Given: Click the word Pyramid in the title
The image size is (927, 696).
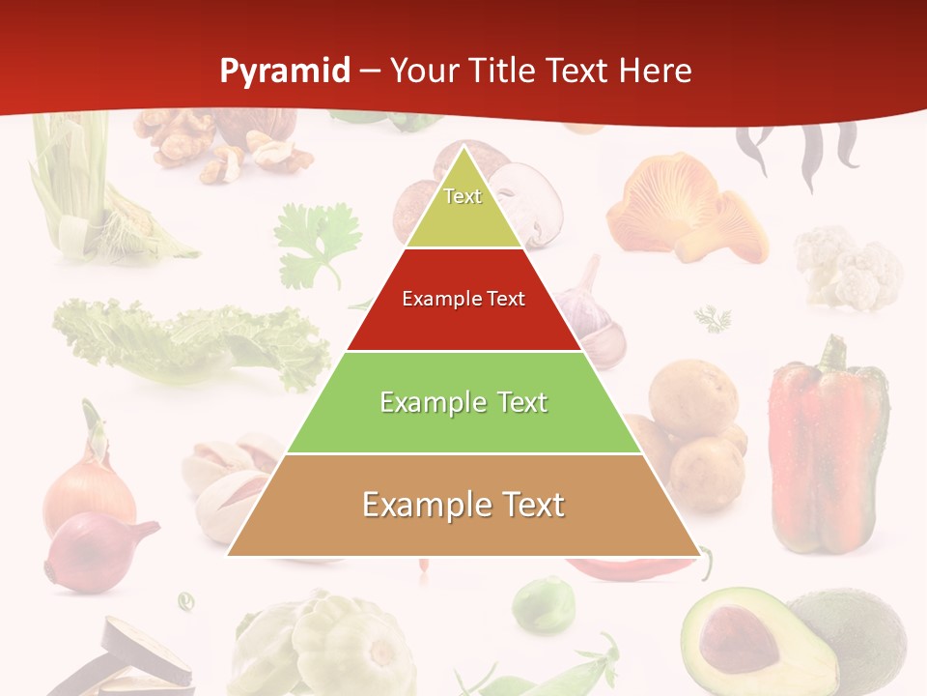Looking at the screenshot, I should point(285,71).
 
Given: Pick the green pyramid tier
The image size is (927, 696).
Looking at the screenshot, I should point(463,402).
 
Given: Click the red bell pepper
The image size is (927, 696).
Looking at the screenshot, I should point(827,445).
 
